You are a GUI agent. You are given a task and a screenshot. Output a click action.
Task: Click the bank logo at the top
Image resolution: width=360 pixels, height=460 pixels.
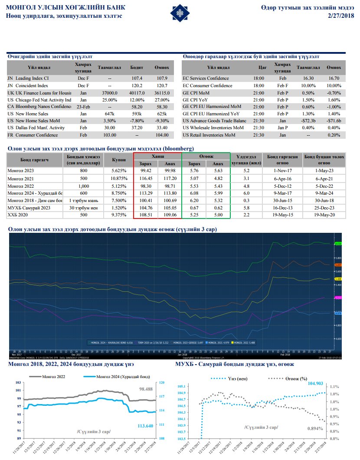tap(179, 13)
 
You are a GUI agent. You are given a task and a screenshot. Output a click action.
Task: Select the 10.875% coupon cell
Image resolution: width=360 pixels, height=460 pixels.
tap(119, 178)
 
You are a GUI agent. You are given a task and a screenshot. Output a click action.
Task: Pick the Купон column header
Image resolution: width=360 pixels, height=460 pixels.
tap(119, 160)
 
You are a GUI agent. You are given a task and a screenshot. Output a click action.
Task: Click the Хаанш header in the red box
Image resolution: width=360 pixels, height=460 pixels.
tap(157, 156)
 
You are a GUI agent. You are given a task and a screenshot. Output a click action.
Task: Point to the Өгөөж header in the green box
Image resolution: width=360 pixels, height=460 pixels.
tap(206, 156)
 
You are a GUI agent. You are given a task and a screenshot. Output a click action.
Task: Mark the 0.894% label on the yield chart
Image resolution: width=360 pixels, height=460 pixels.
tap(315, 428)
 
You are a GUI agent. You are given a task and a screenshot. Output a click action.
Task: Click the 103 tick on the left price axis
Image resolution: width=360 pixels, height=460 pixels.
tap(18, 382)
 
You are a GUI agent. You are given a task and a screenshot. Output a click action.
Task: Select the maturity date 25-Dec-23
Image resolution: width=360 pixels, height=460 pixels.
tap(324, 208)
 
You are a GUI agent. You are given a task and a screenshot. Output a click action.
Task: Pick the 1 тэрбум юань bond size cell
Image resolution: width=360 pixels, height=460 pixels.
tap(85, 201)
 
